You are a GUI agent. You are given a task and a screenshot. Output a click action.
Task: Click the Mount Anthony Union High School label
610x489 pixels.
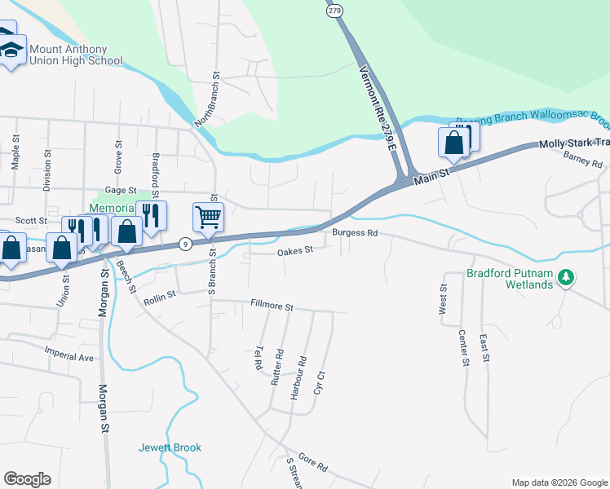[x=75, y=55]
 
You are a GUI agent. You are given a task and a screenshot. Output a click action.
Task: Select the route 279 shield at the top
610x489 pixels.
[x=334, y=11]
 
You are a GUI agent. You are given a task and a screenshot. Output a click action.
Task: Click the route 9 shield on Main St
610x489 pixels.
[x=186, y=243]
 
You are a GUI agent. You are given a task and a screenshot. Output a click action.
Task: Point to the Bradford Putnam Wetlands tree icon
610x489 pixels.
[x=565, y=278]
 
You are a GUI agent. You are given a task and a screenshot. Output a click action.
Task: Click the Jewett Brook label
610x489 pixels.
[x=170, y=447]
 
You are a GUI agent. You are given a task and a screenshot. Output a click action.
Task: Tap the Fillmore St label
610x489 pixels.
[x=272, y=306]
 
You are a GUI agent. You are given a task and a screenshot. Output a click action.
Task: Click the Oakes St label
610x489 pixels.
[x=295, y=252]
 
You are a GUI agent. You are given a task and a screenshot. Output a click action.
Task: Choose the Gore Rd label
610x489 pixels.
[x=312, y=465]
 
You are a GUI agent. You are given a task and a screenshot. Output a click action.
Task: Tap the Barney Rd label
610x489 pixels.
[x=581, y=159]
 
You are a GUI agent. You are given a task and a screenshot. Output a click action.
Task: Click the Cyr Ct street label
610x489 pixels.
[x=320, y=383]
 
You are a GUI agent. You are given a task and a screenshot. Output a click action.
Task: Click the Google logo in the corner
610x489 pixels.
[x=27, y=479]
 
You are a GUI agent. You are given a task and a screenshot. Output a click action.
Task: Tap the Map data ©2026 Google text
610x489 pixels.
[x=559, y=482]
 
